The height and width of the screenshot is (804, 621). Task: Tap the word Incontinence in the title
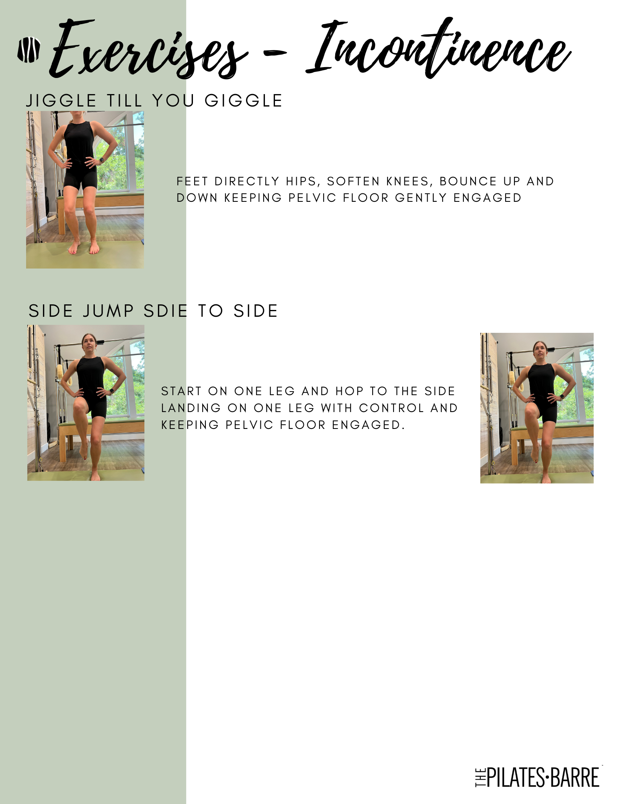coord(438,48)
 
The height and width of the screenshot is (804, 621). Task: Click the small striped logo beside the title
coord(29,50)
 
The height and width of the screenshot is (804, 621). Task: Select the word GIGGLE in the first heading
coord(244,101)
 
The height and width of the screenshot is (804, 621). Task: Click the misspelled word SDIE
coord(166,311)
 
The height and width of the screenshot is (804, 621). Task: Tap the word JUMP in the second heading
coord(108,311)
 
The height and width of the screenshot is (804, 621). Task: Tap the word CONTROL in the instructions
coord(391,408)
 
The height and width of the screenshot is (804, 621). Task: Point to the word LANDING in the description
coord(191,408)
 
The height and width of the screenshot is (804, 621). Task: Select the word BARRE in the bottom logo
coord(575,777)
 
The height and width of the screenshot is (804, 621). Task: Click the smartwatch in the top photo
coord(101,160)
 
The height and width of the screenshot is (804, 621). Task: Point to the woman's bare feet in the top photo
coord(84,247)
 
